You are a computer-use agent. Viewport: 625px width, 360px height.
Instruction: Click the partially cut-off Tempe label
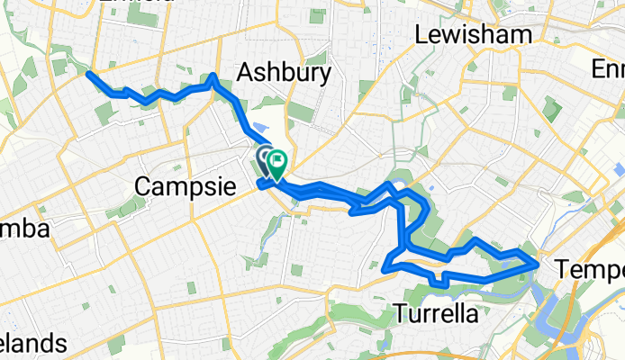pyautogui.click(x=590, y=268)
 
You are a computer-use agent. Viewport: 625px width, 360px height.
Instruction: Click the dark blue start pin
pyautogui.click(x=266, y=161)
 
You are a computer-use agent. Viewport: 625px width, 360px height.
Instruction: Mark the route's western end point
pyautogui.click(x=88, y=75)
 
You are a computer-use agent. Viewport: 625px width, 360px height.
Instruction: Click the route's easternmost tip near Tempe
pyautogui.click(x=538, y=265)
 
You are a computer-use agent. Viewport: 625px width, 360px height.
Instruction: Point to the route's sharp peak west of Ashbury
pyautogui.click(x=213, y=76)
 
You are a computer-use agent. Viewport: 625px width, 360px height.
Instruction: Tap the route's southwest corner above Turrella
pyautogui.click(x=385, y=267)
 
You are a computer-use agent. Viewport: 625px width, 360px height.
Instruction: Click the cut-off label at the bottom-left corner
pyautogui.click(x=32, y=345)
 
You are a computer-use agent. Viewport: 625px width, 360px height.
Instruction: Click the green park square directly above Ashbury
pyautogui.click(x=317, y=16)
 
